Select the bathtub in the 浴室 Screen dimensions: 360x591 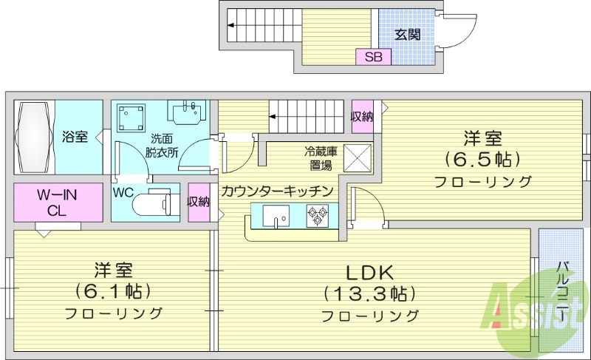[x=34, y=136]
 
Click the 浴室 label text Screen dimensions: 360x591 [x=75, y=137]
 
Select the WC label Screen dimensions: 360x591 [x=123, y=191]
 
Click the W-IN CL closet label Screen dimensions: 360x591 [x=58, y=201]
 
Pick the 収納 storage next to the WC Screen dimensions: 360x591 [x=199, y=201]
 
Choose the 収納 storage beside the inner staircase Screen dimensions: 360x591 [x=362, y=116]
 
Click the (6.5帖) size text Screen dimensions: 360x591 [x=483, y=159]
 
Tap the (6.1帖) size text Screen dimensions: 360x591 [x=113, y=291]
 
